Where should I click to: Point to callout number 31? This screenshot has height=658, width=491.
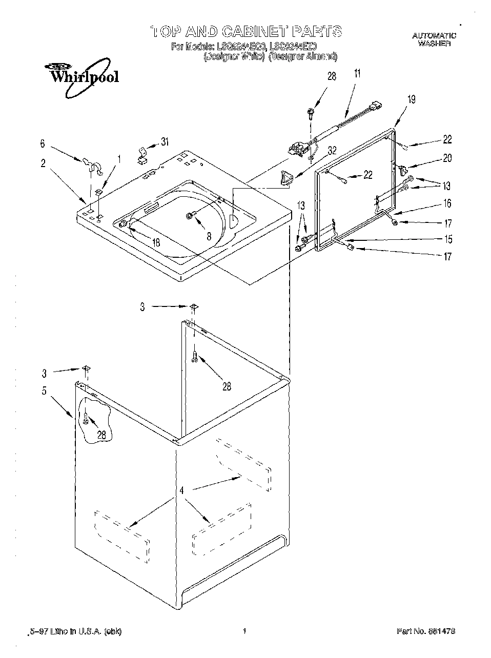tap(163, 142)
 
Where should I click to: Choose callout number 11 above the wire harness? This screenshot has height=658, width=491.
tap(357, 73)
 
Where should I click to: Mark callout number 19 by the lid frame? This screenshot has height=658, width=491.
tap(411, 99)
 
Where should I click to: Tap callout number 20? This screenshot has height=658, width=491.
tap(447, 158)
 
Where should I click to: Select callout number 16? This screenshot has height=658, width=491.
tap(447, 203)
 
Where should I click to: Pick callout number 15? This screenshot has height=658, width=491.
tap(447, 239)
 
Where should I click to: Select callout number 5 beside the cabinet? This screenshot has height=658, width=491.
tap(44, 391)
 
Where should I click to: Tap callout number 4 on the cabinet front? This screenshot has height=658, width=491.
tap(181, 490)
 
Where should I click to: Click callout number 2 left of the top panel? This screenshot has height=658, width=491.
tap(43, 163)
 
